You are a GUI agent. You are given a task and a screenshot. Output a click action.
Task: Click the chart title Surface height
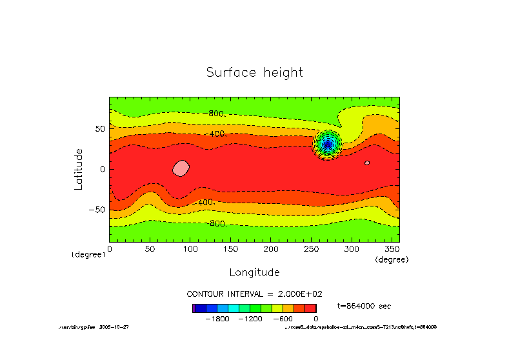(254, 72)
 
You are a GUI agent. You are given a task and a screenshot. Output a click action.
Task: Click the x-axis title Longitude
(254, 272)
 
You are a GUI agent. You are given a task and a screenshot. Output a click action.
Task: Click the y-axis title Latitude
(79, 168)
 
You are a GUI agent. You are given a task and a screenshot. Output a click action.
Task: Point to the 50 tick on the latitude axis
(99, 129)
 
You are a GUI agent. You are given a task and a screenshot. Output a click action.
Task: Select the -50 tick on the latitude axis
(97, 210)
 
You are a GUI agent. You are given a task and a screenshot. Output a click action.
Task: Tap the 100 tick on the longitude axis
(190, 248)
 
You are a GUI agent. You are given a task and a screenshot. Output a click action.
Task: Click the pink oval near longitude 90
(181, 168)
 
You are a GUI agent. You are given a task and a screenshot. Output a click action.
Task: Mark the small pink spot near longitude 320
(366, 163)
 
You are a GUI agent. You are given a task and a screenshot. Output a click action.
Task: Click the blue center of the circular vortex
(327, 144)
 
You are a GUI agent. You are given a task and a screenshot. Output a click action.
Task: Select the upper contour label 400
(216, 134)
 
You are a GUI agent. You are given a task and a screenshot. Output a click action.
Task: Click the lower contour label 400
(205, 203)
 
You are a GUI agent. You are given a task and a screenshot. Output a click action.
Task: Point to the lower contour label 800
(217, 223)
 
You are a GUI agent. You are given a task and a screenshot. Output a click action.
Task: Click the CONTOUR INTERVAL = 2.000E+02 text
(254, 294)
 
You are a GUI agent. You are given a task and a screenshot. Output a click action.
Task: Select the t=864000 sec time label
(364, 306)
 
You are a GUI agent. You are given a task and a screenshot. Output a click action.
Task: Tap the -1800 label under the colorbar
(218, 319)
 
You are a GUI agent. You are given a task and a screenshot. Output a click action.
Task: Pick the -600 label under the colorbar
(283, 319)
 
